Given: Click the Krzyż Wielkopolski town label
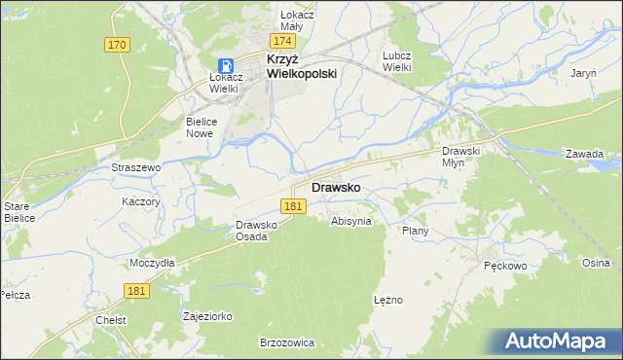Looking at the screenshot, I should click(x=302, y=66).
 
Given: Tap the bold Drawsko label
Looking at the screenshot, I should click(x=337, y=187).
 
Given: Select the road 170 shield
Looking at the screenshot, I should click(x=118, y=45).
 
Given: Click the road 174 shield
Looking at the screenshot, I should click(x=283, y=42).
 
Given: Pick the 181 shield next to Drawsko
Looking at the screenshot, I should click(x=295, y=206).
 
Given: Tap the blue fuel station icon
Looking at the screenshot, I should click(x=225, y=66).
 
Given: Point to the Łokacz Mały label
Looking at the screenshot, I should click(x=277, y=20).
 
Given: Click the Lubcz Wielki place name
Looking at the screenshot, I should click(x=399, y=61).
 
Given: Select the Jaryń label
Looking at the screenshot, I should click(x=583, y=73).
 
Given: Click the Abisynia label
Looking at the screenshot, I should click(x=351, y=221).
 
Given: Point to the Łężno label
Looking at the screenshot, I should click(x=387, y=300).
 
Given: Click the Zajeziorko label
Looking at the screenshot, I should click(x=207, y=316).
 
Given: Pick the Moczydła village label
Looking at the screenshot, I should click(x=151, y=263).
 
